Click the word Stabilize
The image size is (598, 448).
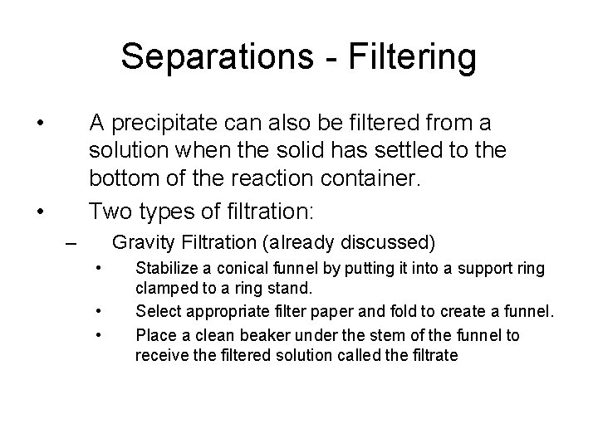164,269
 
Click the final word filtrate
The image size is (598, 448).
434,355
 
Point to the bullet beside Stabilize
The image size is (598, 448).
98,269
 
